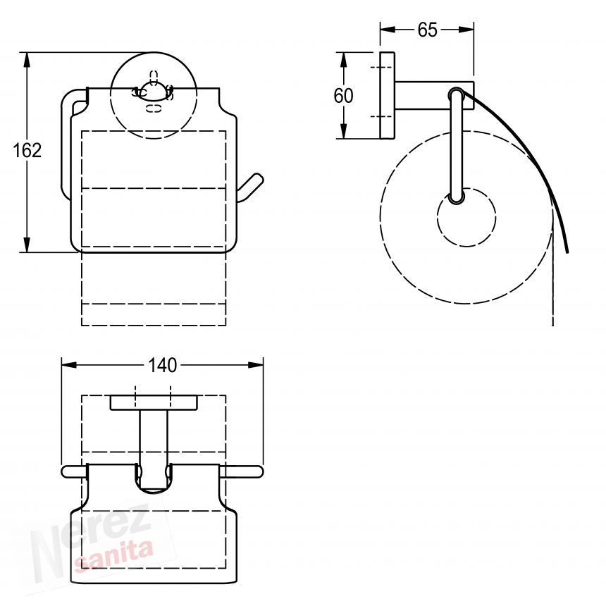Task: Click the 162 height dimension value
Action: coord(27,150)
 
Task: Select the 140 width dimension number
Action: coord(162,365)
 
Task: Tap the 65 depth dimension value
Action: coord(427,30)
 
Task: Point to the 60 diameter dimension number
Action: coord(343,96)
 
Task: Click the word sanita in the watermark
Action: coord(114,555)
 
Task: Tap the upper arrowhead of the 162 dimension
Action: coord(27,59)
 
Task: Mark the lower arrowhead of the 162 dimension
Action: coord(27,245)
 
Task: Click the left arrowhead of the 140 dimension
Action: coord(69,365)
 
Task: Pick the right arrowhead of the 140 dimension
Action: coord(256,365)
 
